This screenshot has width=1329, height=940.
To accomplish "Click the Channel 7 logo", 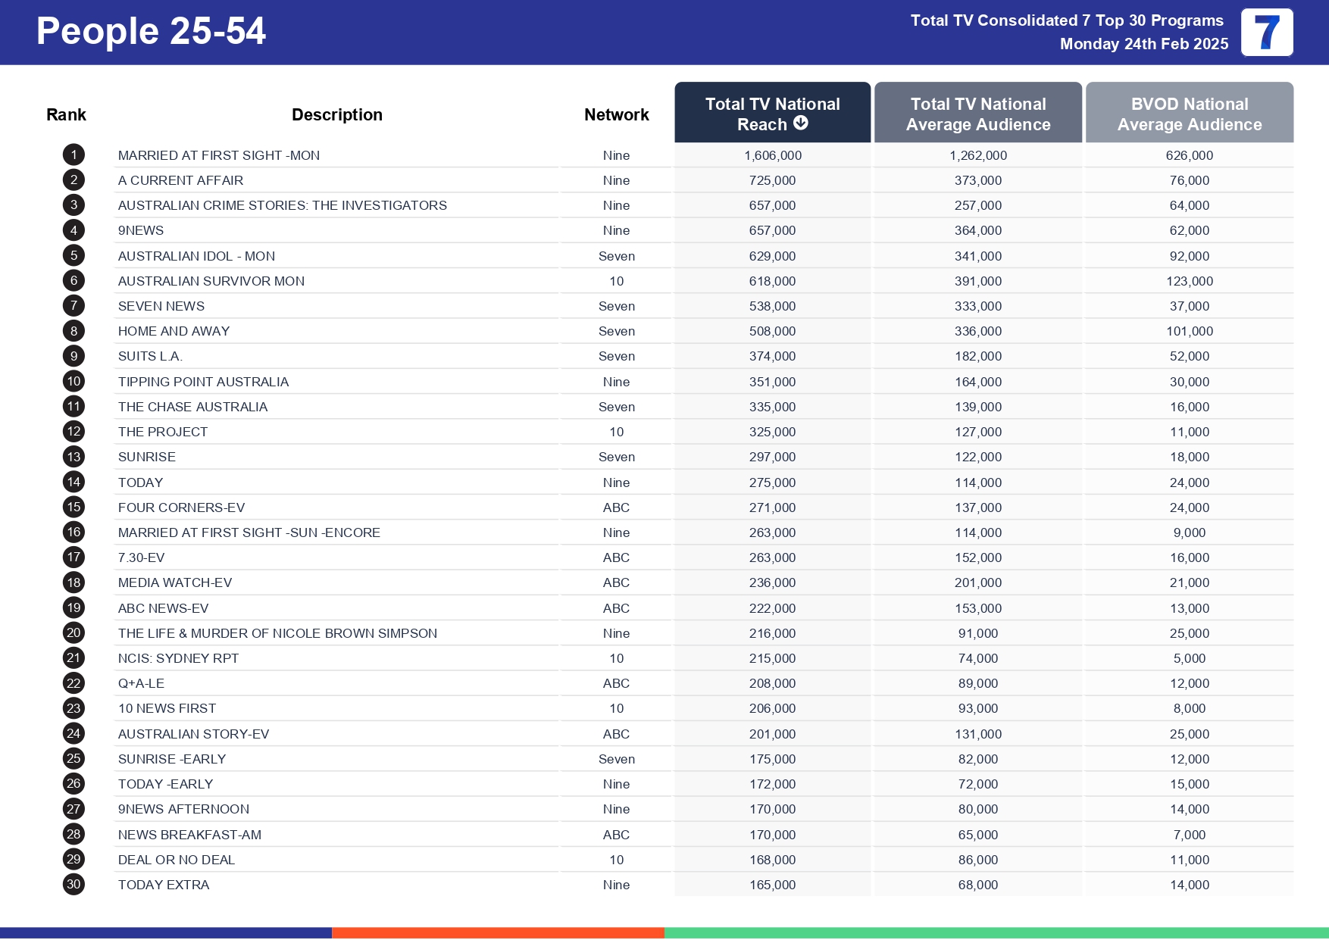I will (1266, 33).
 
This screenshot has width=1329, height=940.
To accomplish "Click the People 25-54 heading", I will (151, 31).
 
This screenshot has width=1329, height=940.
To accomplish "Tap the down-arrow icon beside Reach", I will (801, 123).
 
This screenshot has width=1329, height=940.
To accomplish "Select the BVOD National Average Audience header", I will (1189, 114).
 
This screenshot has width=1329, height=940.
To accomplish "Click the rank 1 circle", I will (73, 155).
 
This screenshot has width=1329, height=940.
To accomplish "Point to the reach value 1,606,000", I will (772, 155).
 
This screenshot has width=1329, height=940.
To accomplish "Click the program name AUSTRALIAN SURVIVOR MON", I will (211, 281).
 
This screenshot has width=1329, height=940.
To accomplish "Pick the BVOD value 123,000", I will (1189, 281).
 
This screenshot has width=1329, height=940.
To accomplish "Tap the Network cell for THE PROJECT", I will (616, 432).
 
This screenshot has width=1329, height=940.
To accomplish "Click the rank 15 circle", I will (73, 507).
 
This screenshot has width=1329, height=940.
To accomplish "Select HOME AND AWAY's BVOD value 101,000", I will (1189, 331).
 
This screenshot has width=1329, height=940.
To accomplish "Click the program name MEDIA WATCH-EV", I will (174, 582).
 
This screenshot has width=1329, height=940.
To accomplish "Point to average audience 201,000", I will (977, 582).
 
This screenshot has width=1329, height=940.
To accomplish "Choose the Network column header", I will (616, 114).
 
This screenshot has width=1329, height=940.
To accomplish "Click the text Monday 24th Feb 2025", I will (1143, 44).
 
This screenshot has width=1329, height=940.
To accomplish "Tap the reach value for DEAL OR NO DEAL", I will (772, 860).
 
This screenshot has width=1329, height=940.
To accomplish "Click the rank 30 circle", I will (73, 885).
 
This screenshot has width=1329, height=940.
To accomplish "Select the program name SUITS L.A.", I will (150, 356).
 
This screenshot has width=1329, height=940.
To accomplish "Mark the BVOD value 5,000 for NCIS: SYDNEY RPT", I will (1189, 658).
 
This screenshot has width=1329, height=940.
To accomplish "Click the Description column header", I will (336, 114).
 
